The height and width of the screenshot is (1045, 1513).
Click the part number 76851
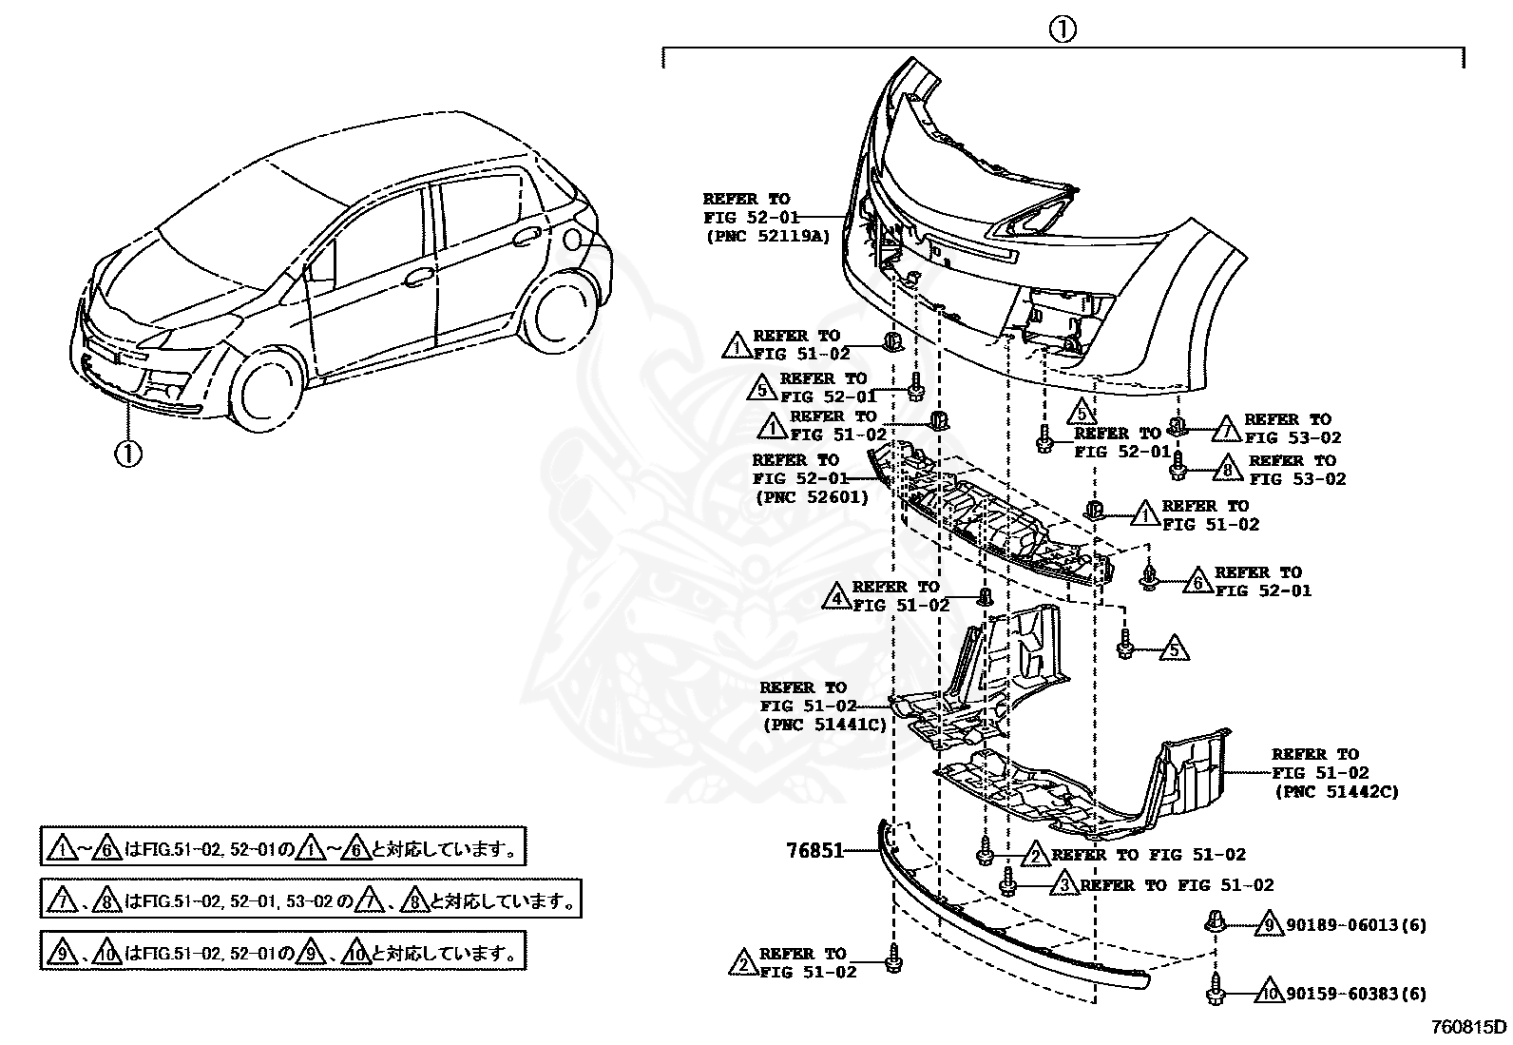814,850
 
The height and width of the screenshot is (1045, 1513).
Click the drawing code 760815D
1469,1028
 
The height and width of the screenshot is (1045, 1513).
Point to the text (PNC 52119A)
767,236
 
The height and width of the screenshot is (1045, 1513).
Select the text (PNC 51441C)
824,725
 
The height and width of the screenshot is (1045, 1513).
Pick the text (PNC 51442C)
1335,791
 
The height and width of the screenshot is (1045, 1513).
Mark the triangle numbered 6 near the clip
1197,581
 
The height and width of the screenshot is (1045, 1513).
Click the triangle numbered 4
836,596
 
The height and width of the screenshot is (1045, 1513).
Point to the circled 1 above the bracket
1062,29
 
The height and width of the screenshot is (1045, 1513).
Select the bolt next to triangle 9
1214,920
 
